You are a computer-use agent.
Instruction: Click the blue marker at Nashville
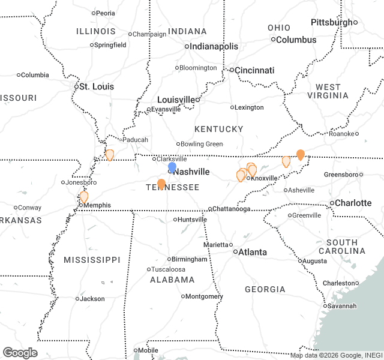click(172, 167)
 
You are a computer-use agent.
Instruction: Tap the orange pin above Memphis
click(84, 196)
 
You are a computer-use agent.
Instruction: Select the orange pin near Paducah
click(110, 155)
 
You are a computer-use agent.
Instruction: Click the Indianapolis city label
click(214, 46)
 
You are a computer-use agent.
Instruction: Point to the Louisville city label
click(176, 100)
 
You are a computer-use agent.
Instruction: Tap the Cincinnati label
click(254, 70)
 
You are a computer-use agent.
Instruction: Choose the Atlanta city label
click(253, 252)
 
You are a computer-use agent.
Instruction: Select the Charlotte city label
click(353, 203)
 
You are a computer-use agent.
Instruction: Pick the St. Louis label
click(97, 86)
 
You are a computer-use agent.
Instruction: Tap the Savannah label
click(342, 306)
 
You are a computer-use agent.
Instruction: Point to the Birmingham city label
click(189, 259)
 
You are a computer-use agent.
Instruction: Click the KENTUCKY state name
click(219, 129)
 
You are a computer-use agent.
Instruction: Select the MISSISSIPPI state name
click(92, 260)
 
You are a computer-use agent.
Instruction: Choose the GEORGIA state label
click(265, 289)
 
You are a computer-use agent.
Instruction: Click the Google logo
click(20, 353)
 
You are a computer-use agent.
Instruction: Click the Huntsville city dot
click(175, 220)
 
